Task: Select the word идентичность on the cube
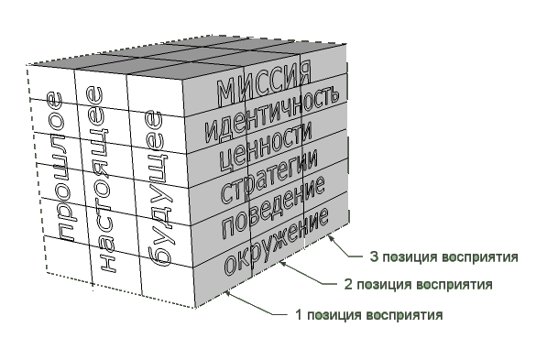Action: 272,115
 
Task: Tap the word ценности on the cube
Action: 266,145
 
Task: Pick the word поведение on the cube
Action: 273,206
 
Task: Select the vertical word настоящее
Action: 101,179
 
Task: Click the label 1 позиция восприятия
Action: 369,315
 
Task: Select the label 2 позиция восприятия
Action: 419,285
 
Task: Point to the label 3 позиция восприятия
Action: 444,256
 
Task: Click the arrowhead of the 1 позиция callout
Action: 228,294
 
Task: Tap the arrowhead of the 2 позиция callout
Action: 283,264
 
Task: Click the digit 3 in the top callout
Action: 374,256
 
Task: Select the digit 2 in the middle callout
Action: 348,284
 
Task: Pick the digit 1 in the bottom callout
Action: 300,314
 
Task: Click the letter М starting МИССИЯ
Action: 226,93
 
